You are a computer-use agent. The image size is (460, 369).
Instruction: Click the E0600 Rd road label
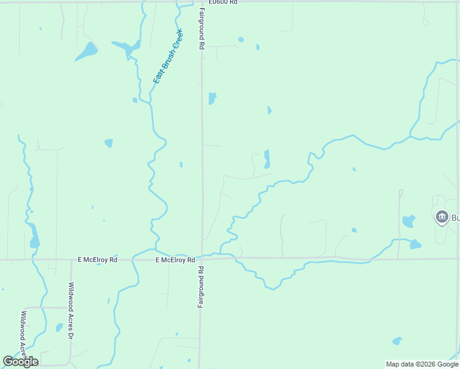click(223, 2)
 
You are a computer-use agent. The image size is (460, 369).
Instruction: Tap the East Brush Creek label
click(168, 57)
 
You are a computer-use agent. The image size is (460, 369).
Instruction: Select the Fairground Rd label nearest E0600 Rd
click(200, 29)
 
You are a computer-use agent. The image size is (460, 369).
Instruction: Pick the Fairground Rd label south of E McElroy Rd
click(200, 287)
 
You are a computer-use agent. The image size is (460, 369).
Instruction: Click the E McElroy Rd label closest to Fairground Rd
click(175, 260)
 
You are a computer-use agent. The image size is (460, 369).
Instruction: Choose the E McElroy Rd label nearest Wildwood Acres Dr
click(97, 260)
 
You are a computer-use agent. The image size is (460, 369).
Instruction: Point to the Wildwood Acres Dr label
click(71, 311)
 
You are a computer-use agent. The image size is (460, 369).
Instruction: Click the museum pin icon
click(442, 217)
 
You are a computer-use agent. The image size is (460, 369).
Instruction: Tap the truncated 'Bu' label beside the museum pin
click(456, 218)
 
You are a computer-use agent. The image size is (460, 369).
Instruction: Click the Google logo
click(20, 362)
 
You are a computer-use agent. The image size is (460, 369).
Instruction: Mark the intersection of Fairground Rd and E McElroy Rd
click(202, 259)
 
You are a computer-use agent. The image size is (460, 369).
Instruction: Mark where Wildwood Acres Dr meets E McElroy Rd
click(69, 260)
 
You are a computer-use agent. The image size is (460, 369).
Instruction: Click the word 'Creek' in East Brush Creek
click(177, 39)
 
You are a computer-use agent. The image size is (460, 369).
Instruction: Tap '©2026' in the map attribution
click(422, 364)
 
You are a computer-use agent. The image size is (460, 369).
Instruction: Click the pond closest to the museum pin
click(408, 221)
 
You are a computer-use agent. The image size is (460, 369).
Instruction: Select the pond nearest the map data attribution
click(397, 341)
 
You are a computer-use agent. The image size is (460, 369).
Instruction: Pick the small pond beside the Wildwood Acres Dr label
click(60, 328)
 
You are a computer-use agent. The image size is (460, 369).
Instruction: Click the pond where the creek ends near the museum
click(415, 244)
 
